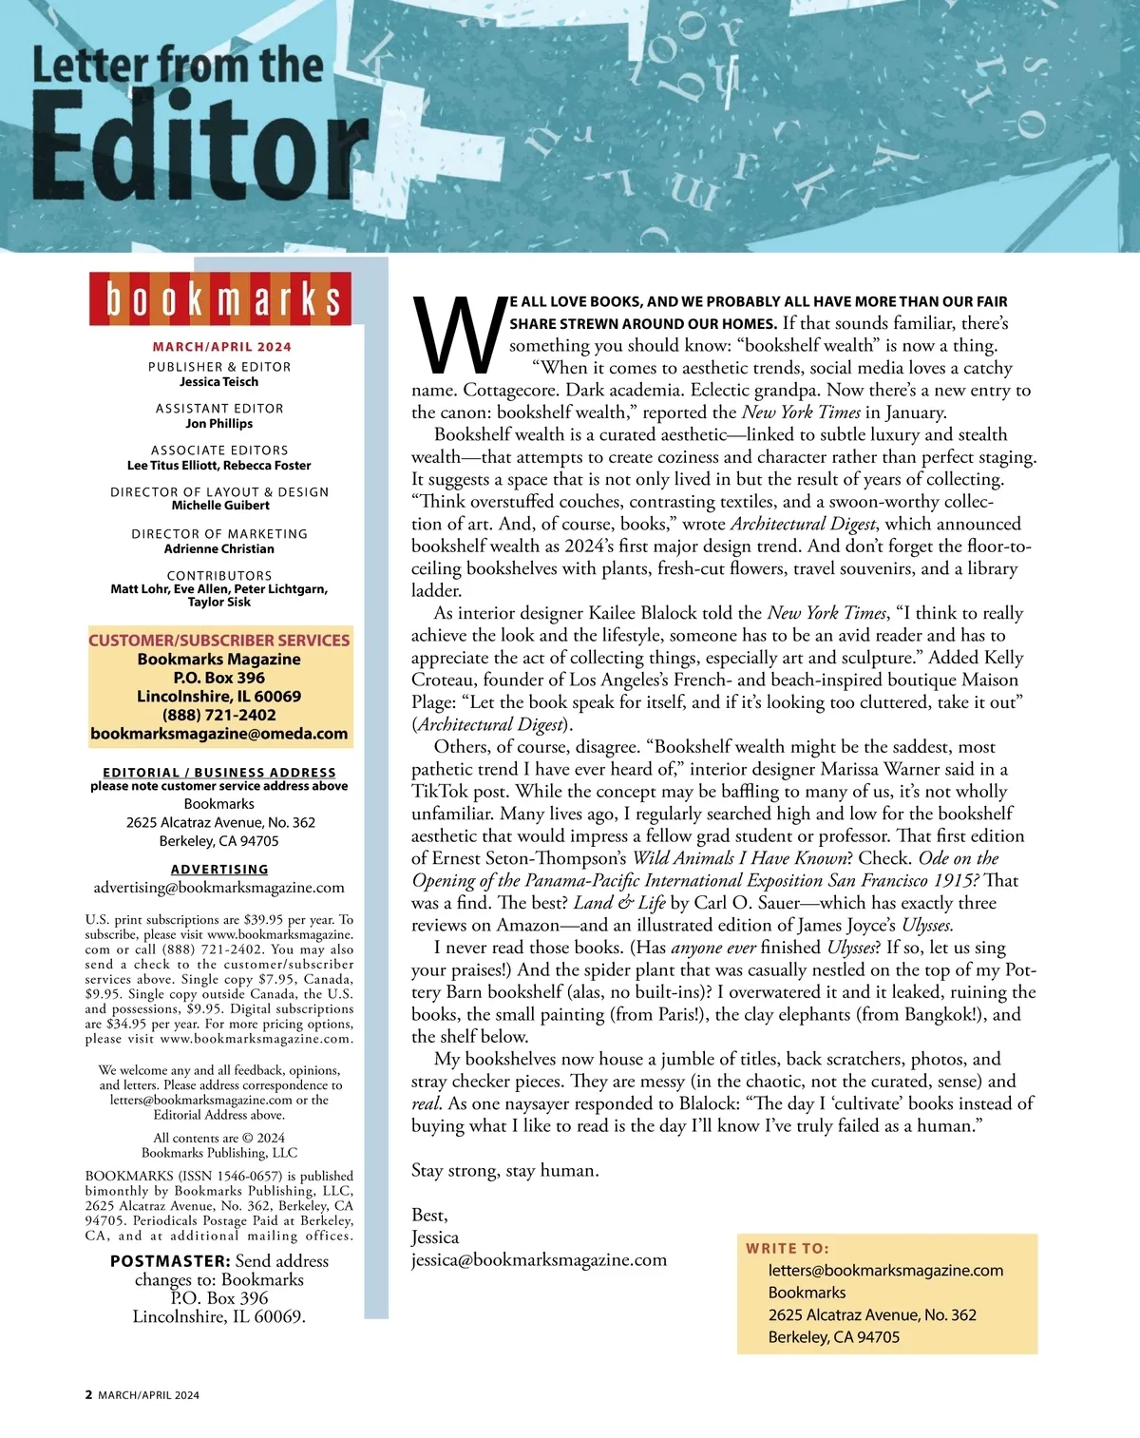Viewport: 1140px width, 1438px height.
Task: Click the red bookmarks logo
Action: point(220,298)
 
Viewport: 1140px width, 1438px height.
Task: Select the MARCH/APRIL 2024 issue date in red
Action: point(221,347)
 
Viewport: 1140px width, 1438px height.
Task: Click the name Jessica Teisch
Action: point(219,382)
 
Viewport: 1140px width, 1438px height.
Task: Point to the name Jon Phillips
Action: point(219,424)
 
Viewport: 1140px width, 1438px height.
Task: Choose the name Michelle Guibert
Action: point(219,506)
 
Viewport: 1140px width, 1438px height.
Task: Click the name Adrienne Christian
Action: point(219,548)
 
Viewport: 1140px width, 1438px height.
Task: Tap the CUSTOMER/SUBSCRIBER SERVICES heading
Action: point(219,641)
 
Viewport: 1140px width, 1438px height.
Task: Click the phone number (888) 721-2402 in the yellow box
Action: point(219,715)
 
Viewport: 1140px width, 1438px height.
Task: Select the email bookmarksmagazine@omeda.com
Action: point(219,734)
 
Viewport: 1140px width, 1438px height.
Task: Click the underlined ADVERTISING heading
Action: point(219,869)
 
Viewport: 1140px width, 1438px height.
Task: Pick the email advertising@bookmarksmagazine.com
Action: point(219,888)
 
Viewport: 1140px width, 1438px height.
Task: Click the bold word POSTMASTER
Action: point(170,1261)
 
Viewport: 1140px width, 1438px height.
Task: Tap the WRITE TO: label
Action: point(787,1249)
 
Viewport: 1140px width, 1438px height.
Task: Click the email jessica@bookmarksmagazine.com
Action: point(539,1260)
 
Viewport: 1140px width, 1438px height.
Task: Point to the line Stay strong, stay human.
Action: point(504,1171)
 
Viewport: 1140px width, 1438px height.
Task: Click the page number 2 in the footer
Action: point(89,1395)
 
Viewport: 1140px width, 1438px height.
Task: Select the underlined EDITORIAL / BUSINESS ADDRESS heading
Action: point(219,773)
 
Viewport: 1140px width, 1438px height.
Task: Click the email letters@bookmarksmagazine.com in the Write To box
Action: point(885,1271)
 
